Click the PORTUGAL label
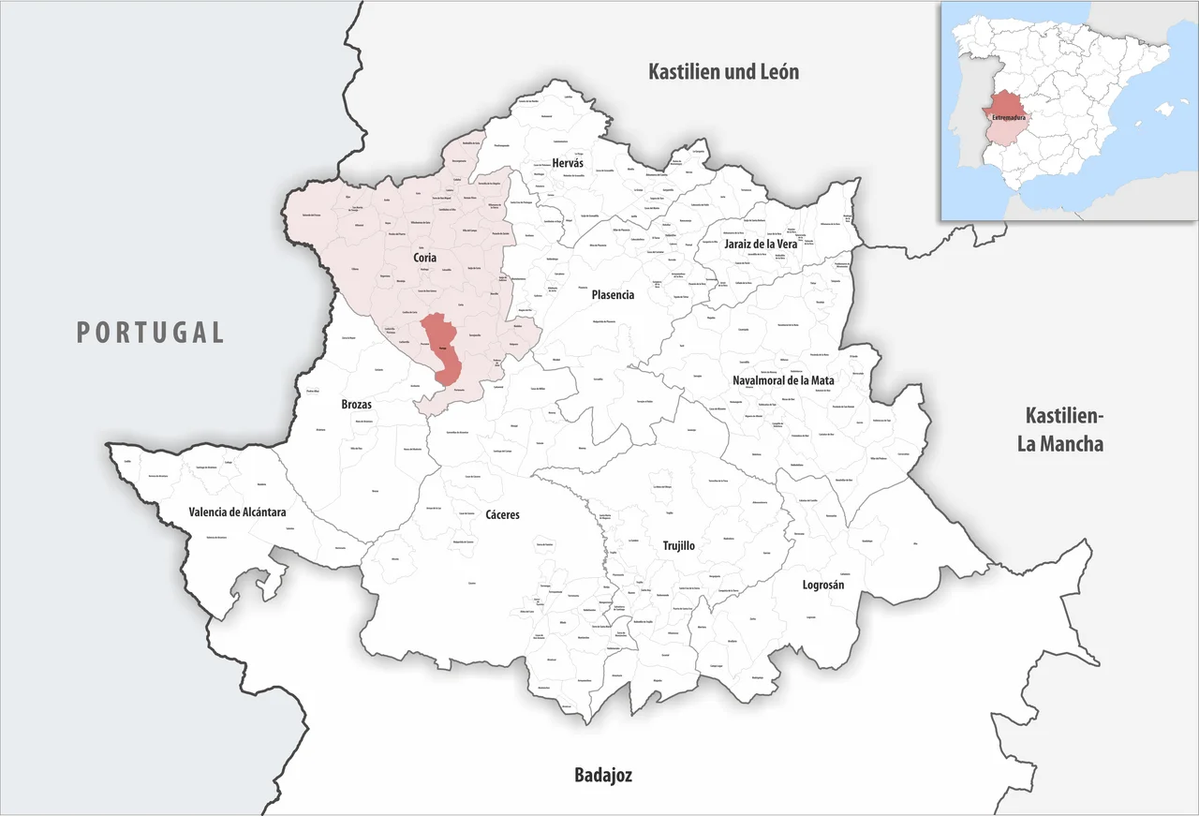(150, 332)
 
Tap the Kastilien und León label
(724, 71)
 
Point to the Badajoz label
(602, 775)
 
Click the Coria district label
(424, 257)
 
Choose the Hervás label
(568, 163)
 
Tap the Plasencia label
(613, 294)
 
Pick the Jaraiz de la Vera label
(760, 244)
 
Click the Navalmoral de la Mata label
(784, 380)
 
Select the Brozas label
(356, 405)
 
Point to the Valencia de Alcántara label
(237, 512)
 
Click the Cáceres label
(502, 514)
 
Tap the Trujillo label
(678, 545)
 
